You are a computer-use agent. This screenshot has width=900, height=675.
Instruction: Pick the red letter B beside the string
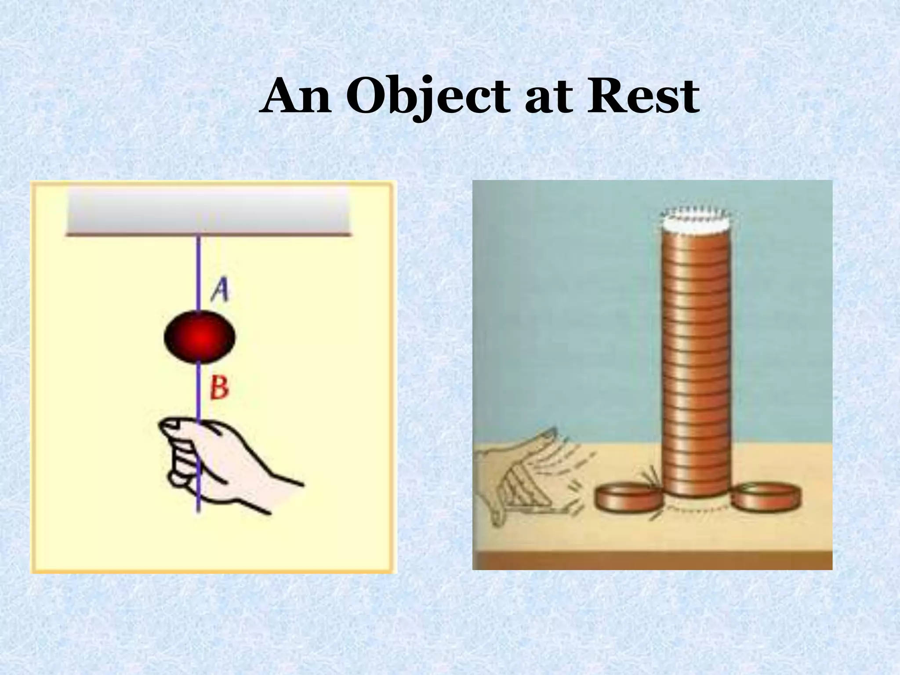pyautogui.click(x=219, y=388)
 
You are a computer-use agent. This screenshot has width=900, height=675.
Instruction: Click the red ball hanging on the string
pyautogui.click(x=200, y=337)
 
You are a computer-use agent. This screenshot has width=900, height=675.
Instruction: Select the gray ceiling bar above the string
pyautogui.click(x=208, y=211)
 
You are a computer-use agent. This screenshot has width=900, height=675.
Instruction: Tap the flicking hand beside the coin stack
pyautogui.click(x=514, y=475)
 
